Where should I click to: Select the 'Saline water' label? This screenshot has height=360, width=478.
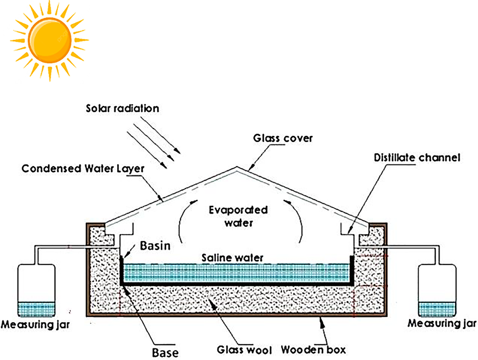[x=232, y=258]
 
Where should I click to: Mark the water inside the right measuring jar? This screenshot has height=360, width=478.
[x=437, y=309]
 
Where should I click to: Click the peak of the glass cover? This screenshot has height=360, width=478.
[x=237, y=167]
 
